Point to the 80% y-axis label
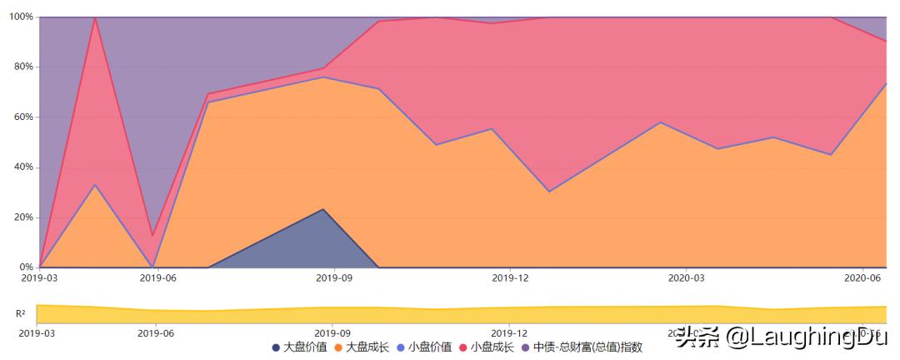point(21,67)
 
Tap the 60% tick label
point(21,117)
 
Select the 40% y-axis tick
point(21,167)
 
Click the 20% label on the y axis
point(21,217)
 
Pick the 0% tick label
point(23,267)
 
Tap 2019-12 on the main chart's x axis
point(510,278)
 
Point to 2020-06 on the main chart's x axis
point(862,278)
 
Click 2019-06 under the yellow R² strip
point(156,332)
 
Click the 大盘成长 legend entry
point(362,347)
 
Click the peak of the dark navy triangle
point(323,209)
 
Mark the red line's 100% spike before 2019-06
point(96,17)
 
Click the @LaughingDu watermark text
point(796,337)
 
